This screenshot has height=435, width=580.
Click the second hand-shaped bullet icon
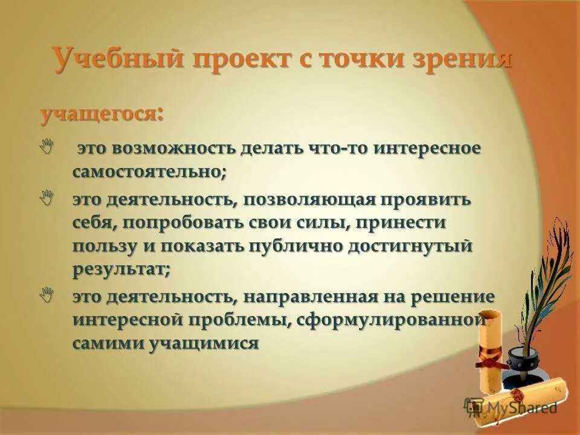pyautogui.click(x=47, y=197)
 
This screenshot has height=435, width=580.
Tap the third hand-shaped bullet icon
pyautogui.click(x=47, y=295)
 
